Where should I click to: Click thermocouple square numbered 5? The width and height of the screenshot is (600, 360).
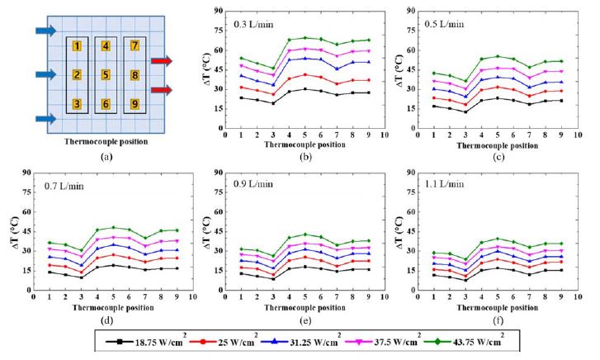105,75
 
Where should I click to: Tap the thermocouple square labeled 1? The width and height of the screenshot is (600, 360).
77,46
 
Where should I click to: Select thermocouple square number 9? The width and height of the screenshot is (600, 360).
135,104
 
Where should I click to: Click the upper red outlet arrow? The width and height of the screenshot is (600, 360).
161,60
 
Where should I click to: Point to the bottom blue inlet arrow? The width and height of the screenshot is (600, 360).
46,119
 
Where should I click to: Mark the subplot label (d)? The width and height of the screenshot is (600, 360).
106,319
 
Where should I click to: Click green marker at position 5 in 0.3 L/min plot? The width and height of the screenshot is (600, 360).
305,37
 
